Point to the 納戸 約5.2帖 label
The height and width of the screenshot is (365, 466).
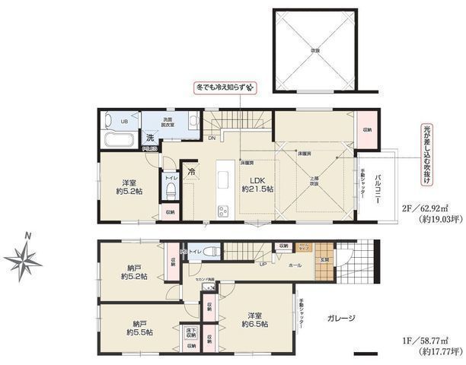(127, 271)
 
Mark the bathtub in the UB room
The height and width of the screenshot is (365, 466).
(117, 139)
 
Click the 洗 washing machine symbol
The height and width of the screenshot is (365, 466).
(150, 138)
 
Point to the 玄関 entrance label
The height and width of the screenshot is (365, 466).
(323, 259)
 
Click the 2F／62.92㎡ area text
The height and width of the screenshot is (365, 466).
(430, 206)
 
